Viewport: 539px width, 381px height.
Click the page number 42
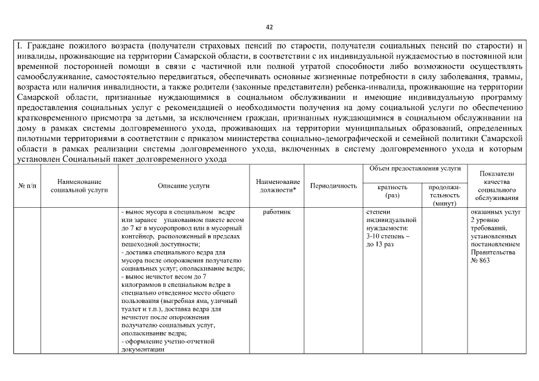click(x=269, y=27)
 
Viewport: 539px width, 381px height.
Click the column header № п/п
click(x=26, y=186)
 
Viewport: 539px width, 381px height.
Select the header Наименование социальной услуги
click(x=79, y=186)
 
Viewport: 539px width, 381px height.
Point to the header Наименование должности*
click(x=278, y=186)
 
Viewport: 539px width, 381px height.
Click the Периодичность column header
click(x=334, y=186)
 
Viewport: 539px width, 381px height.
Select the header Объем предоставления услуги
click(x=415, y=169)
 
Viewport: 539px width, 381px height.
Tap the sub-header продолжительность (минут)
click(x=444, y=195)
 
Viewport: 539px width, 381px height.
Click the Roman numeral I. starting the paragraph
click(x=19, y=45)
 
